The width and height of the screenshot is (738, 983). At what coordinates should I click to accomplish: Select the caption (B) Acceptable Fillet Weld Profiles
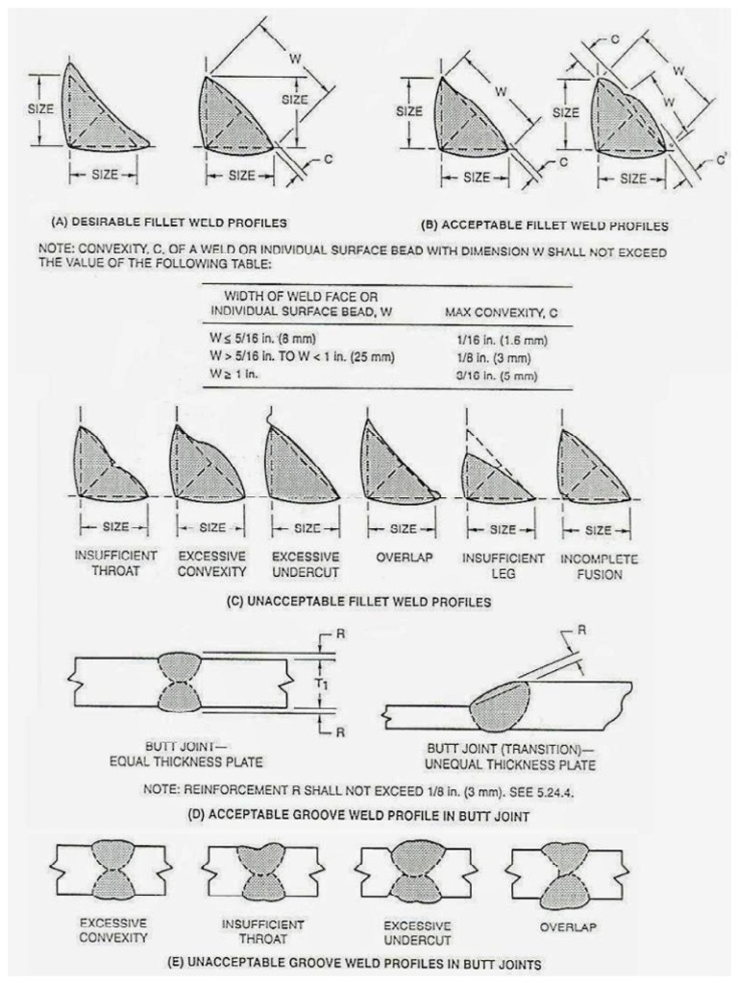tap(545, 226)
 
